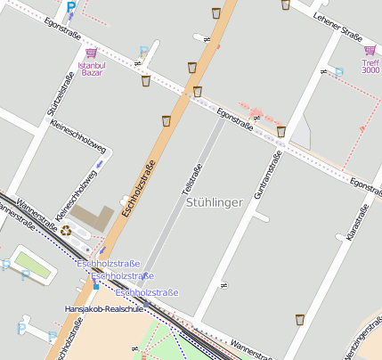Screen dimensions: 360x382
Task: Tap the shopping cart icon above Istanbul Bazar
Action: [x=91, y=53]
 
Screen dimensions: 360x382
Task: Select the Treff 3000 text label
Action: [x=370, y=66]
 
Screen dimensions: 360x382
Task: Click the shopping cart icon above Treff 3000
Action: [x=370, y=51]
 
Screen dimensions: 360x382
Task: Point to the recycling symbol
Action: [x=66, y=231]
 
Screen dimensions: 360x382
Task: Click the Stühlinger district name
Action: [x=215, y=203]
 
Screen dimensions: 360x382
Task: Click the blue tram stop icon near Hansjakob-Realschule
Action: [x=96, y=285]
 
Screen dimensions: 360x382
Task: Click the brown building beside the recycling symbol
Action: [x=93, y=217]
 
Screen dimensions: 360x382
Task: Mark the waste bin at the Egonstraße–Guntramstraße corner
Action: [x=281, y=132]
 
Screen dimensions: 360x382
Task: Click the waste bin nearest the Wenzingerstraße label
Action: [x=300, y=318]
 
